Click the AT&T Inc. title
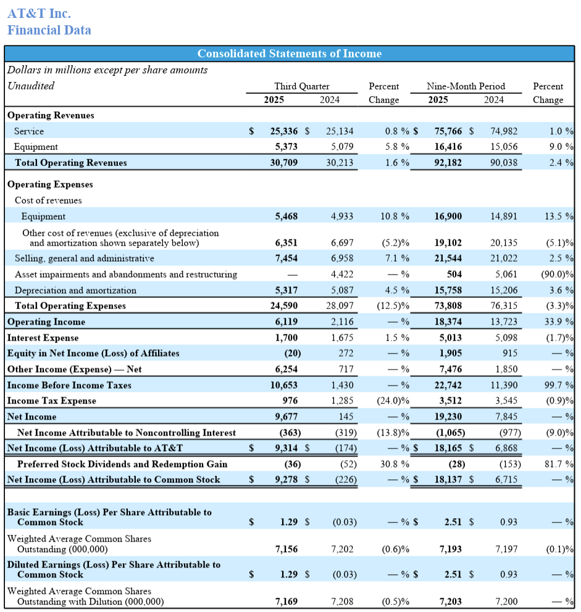[39, 13]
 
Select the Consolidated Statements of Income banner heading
[289, 54]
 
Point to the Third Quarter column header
[302, 86]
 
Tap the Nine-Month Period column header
[466, 86]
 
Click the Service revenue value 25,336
[284, 131]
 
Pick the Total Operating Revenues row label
[71, 163]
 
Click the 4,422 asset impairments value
[342, 274]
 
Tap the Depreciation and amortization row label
[75, 290]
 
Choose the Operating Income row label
[46, 322]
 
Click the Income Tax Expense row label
[52, 401]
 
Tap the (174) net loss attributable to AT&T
[345, 449]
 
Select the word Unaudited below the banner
[31, 86]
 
